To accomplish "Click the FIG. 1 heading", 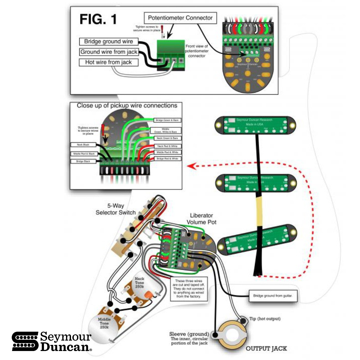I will [98, 19].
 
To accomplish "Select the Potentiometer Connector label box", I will [180, 18].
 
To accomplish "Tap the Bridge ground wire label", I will [109, 42].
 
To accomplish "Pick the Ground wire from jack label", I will [109, 52].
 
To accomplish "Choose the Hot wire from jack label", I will [109, 62].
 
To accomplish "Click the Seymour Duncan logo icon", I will [25, 341].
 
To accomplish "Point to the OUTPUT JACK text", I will [266, 349].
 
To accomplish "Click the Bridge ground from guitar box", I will [273, 296].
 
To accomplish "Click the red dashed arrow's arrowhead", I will [191, 166].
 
